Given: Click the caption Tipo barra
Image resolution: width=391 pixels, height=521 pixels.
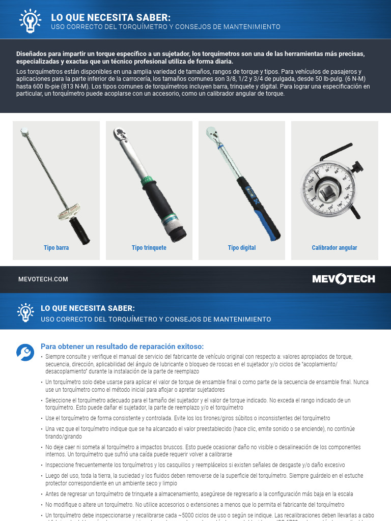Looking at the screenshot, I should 56,248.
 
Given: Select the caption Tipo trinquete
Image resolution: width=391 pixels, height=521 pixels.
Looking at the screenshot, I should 149,248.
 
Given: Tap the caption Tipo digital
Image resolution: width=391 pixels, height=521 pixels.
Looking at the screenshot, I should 242,248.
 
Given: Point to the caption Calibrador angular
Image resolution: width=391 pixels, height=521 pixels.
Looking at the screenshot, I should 334,248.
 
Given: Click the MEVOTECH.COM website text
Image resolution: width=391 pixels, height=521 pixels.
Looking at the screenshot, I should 43,279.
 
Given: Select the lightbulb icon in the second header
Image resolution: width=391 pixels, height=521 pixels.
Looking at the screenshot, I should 25,312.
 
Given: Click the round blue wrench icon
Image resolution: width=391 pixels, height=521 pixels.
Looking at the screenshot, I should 25,352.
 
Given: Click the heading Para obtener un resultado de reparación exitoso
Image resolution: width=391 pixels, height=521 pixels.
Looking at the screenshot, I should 122,346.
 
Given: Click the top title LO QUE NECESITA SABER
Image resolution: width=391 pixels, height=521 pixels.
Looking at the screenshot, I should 107,17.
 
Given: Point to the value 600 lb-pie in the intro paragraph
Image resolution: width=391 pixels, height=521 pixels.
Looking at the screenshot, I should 50,87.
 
